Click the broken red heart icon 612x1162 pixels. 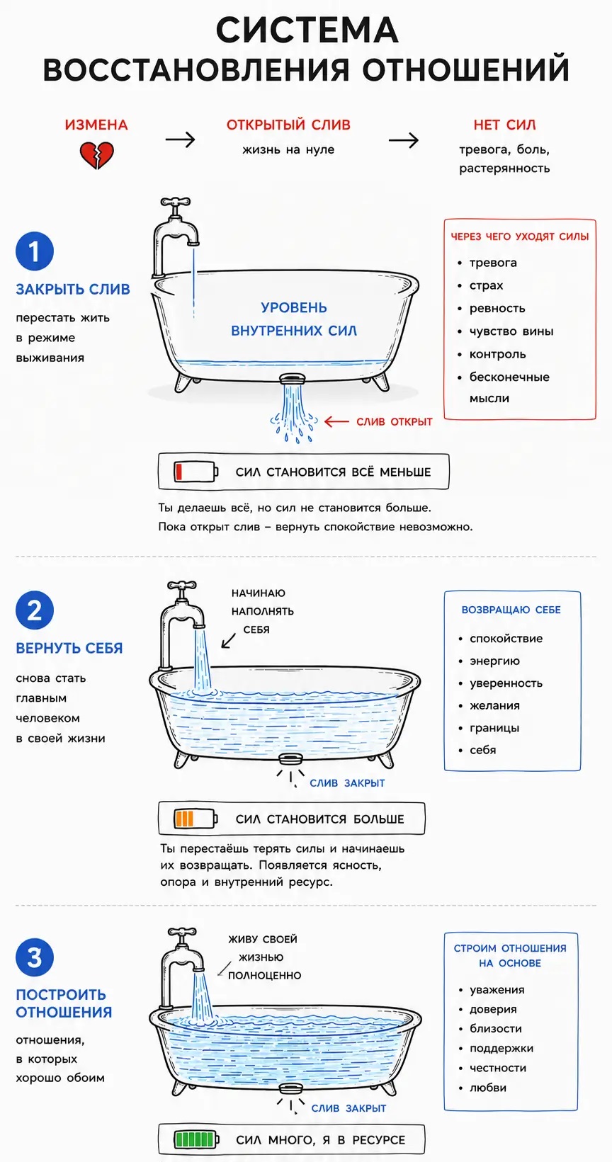click(x=96, y=155)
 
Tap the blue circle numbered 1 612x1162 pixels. click(x=35, y=251)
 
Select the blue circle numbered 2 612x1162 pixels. click(x=35, y=610)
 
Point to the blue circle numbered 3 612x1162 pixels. click(x=35, y=957)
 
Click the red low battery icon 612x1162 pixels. click(x=196, y=472)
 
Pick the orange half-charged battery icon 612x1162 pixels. click(x=196, y=819)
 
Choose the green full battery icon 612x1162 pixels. click(x=196, y=1139)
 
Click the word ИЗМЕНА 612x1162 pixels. click(x=96, y=125)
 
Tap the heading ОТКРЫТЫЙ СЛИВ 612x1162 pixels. click(x=288, y=125)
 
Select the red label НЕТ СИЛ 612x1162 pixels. click(x=504, y=125)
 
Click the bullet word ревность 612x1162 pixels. click(x=497, y=309)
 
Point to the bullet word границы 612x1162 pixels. click(x=494, y=728)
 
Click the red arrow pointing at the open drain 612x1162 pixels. click(x=336, y=421)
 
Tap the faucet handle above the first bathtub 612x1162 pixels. click(x=176, y=203)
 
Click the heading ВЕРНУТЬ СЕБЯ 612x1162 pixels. click(x=69, y=649)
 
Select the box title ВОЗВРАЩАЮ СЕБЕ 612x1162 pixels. click(x=511, y=610)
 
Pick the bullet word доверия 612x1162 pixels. click(x=493, y=1010)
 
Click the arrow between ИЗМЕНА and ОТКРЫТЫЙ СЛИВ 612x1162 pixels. click(x=180, y=139)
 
